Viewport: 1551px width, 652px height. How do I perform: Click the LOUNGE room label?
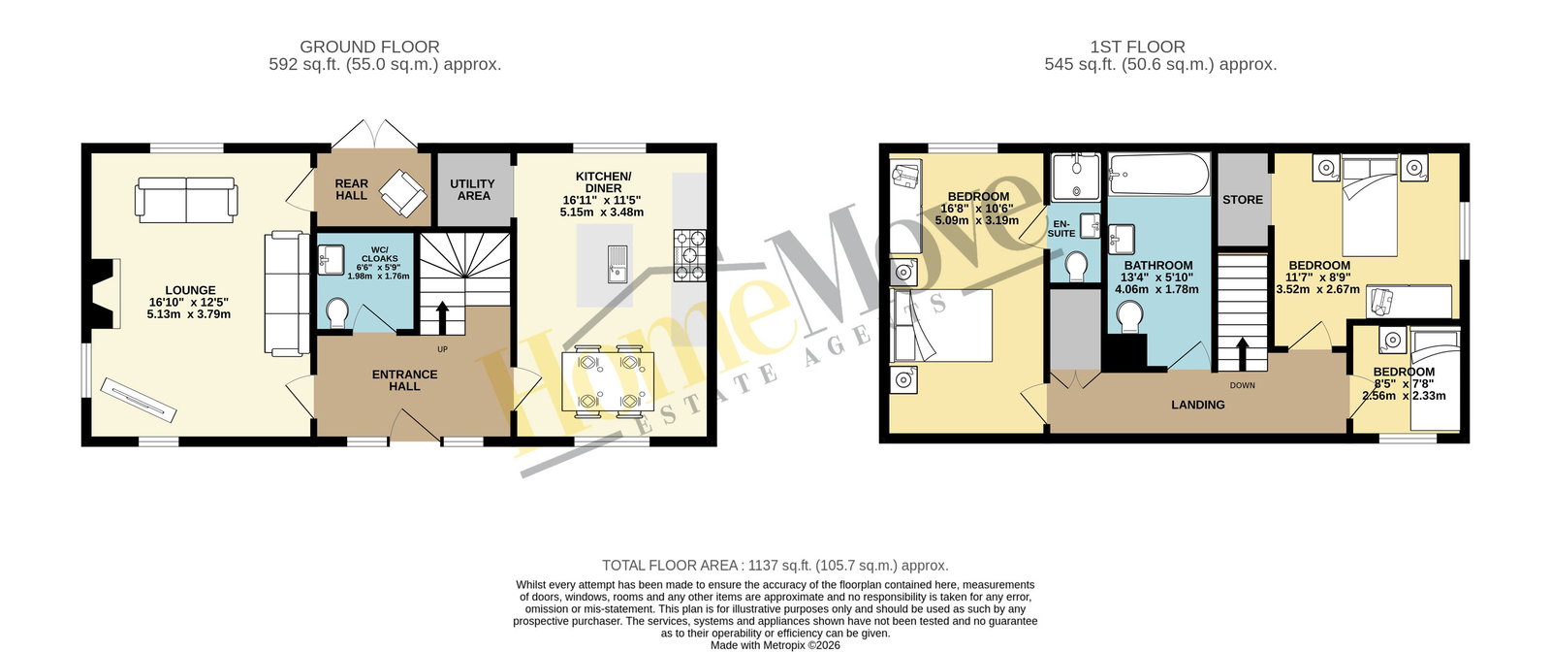(190, 290)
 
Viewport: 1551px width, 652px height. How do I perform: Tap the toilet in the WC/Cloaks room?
(338, 312)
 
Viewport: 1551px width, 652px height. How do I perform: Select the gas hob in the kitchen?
(689, 256)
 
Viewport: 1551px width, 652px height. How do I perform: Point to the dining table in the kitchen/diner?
(608, 381)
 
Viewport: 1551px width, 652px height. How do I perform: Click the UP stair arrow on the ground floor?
(442, 317)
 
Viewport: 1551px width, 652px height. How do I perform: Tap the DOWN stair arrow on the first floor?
(1243, 353)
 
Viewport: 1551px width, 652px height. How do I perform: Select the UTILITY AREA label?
(473, 189)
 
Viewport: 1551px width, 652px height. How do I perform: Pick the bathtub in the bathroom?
(1159, 175)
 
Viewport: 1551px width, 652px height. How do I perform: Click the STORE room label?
(1243, 200)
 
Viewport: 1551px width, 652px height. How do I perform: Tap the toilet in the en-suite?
(1077, 266)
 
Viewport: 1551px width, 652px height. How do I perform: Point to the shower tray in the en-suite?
(1076, 178)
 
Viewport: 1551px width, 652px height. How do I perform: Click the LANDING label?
(1198, 405)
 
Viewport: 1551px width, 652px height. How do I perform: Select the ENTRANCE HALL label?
(405, 379)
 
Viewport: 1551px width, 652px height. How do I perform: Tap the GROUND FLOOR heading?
(369, 47)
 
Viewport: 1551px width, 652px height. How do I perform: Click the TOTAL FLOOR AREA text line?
(775, 566)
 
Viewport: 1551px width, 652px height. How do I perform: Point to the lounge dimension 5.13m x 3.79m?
(189, 314)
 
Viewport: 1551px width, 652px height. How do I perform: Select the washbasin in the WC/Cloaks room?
(331, 260)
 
